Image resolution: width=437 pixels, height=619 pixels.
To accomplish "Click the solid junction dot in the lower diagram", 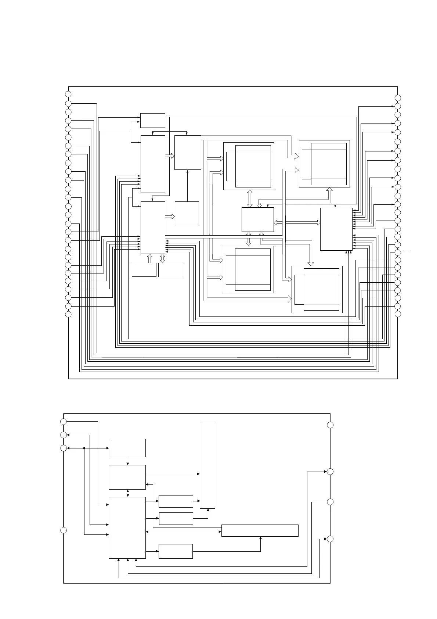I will pos(84,448).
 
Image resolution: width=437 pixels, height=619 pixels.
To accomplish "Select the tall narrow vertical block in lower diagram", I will pos(207,465).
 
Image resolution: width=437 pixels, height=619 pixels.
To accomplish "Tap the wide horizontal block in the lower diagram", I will pos(260,530).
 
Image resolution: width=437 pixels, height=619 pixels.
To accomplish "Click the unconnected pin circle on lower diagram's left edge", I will pos(64,530).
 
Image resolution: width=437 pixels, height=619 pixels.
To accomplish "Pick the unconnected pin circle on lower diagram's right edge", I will pos(330,425).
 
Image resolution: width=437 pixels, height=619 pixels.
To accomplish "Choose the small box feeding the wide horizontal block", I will pos(176,551).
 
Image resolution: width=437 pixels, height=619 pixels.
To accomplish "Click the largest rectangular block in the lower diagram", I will pos(127,527).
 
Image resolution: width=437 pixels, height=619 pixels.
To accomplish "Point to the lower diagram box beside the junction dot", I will pos(127,448).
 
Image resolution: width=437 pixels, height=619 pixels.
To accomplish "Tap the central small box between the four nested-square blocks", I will pos(257,219).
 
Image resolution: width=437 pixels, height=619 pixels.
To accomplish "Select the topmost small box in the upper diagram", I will pos(152,121).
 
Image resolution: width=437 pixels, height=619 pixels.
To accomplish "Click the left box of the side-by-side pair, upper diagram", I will pos(144,270).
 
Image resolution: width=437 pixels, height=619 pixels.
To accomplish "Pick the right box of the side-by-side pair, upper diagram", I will pos(171,270).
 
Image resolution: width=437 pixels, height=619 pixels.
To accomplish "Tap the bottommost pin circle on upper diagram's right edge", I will pos(398,314).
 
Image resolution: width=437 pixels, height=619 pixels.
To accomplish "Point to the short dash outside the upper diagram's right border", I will pos(407,250).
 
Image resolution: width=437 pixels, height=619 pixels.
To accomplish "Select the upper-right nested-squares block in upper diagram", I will pos(324,164).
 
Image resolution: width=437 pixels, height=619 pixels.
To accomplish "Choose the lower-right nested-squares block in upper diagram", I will pos(317,289).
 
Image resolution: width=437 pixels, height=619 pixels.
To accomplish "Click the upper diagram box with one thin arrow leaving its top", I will pos(187,214).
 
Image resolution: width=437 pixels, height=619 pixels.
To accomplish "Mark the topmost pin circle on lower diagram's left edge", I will pos(64,421).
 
